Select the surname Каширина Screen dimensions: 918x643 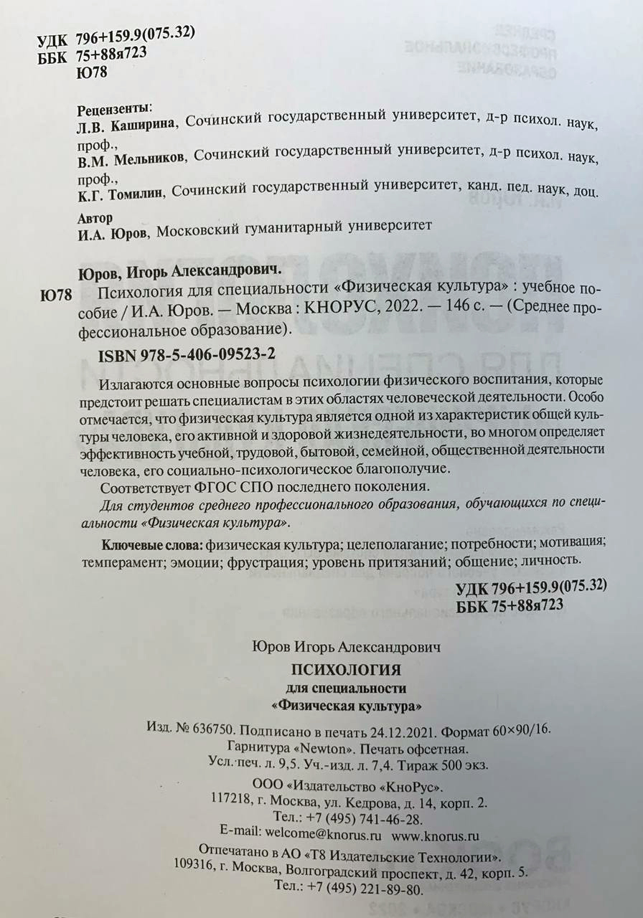tap(143, 123)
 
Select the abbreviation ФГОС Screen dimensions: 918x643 tap(189, 486)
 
